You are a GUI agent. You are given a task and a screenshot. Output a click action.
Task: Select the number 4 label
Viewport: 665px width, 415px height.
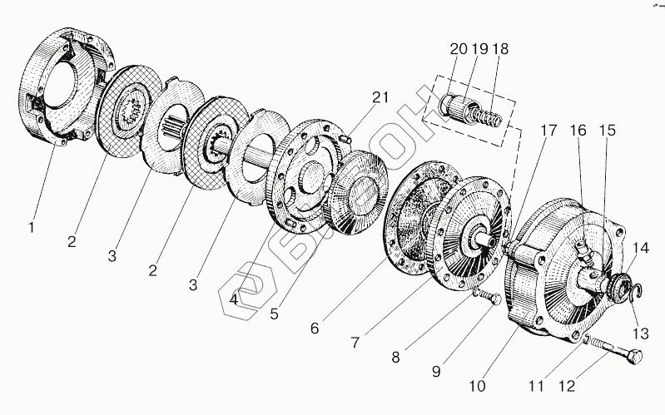point(236,298)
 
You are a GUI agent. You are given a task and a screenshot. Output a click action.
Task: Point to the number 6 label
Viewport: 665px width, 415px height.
point(315,328)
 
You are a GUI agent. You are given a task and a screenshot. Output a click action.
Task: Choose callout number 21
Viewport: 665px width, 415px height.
point(380,98)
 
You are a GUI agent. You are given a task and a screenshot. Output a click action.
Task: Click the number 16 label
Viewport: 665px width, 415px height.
point(579,131)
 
